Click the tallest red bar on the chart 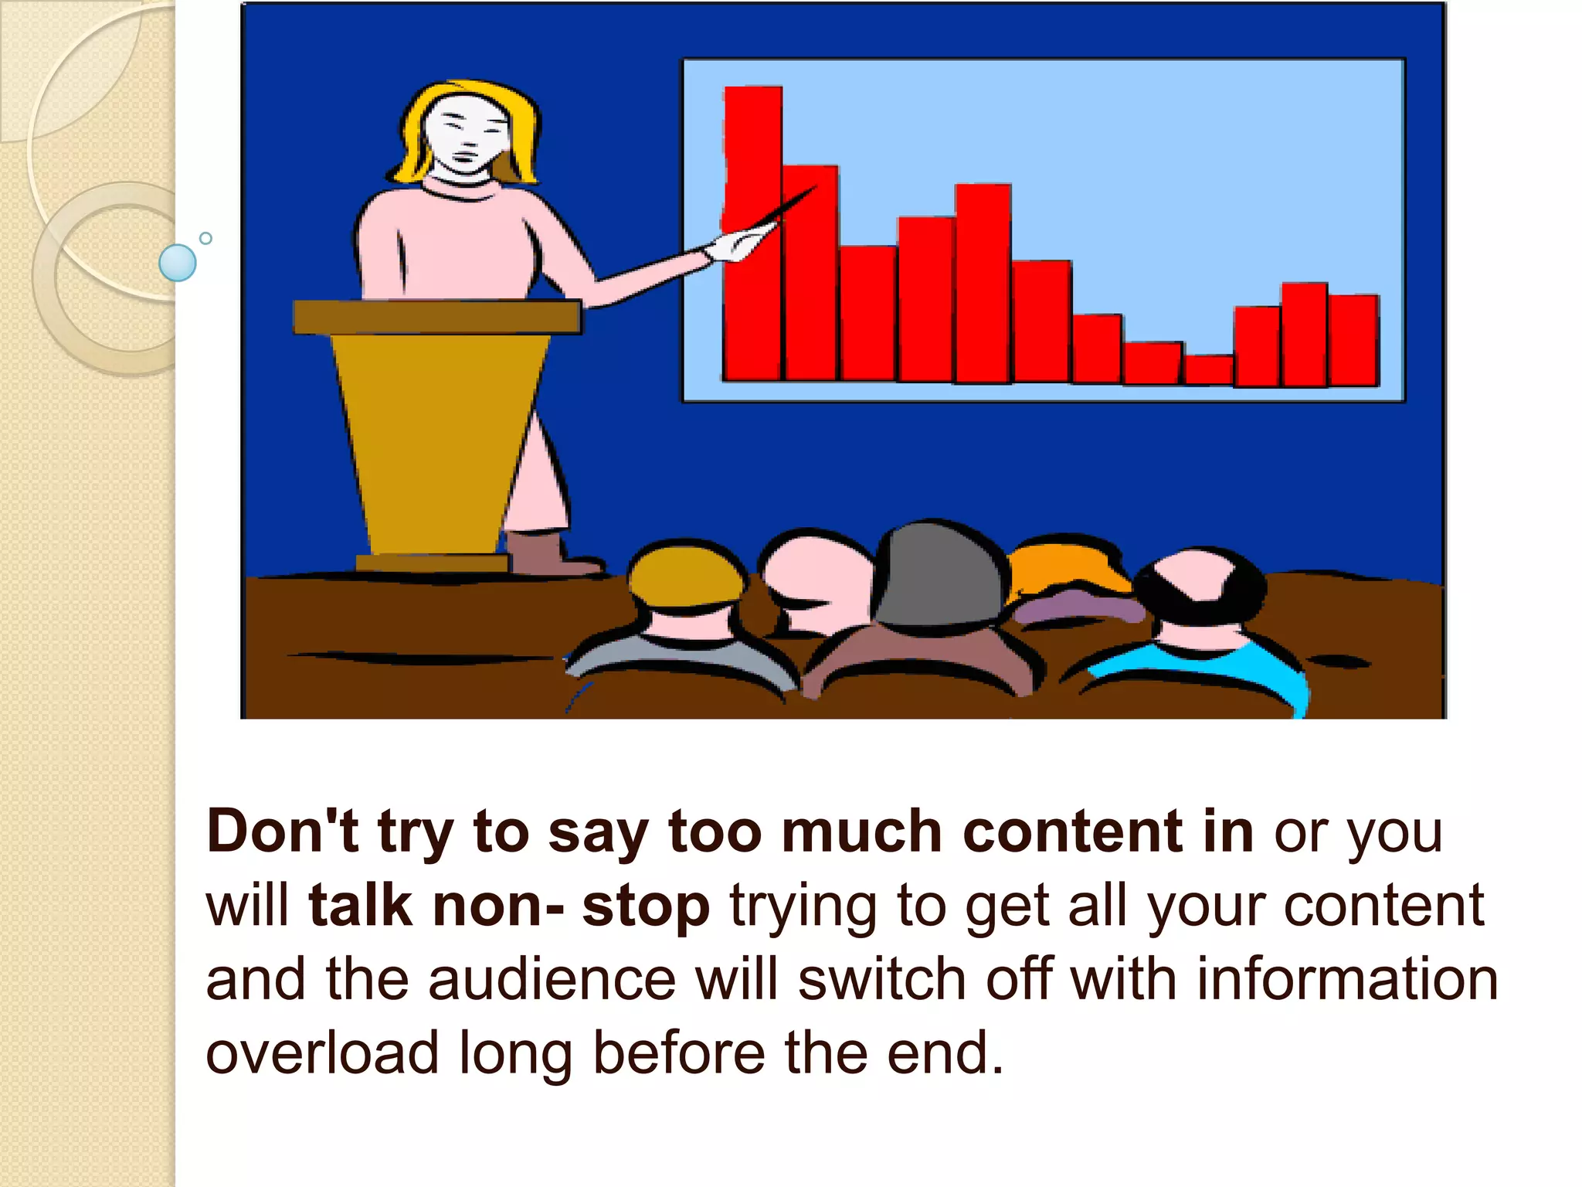coord(753,232)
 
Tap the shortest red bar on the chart coord(1208,369)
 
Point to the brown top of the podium coord(436,317)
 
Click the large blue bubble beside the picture coord(178,263)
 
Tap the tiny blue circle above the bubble coord(205,238)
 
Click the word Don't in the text coord(283,832)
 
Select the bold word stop coord(646,906)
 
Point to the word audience coord(552,979)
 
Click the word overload coord(321,1053)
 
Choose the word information coord(1347,979)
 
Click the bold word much coord(861,832)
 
